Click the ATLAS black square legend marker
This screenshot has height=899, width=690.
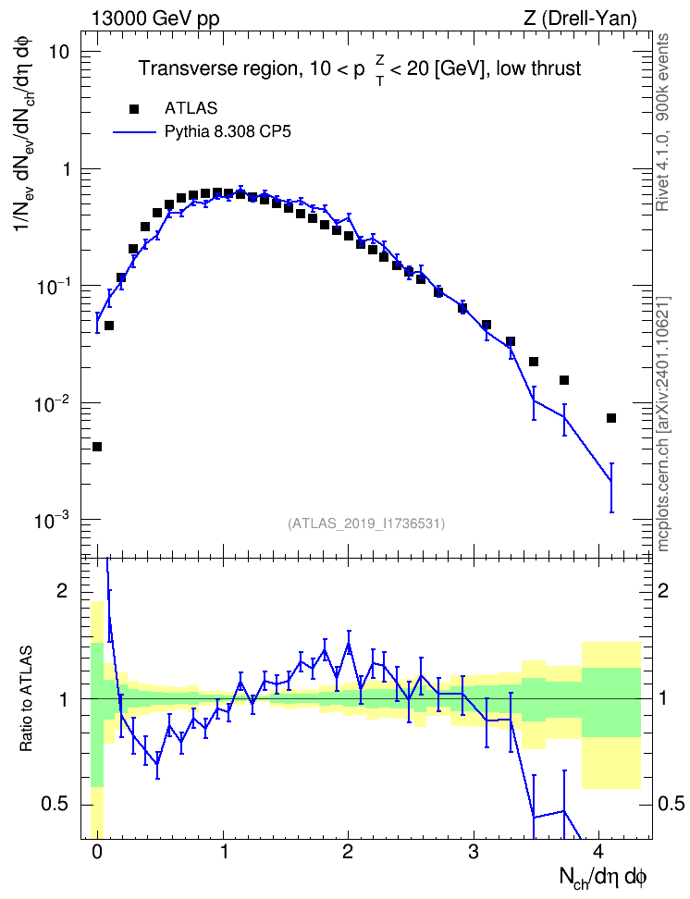(x=134, y=108)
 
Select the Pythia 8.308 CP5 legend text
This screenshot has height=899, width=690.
(x=228, y=132)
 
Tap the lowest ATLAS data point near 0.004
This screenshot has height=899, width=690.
(x=97, y=447)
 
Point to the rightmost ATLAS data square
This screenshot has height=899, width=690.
(x=611, y=418)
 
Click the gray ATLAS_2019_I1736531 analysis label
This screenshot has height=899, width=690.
(x=366, y=523)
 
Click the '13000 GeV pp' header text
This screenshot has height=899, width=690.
(x=155, y=18)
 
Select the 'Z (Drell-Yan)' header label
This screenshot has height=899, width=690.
(x=581, y=18)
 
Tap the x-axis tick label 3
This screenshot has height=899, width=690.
(x=473, y=851)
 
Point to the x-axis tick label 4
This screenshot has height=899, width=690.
(x=598, y=851)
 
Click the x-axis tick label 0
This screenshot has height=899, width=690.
(x=96, y=851)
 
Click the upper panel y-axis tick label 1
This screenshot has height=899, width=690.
(x=64, y=169)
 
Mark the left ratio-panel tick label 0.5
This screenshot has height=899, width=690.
(x=55, y=805)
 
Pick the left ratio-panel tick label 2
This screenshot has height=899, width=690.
(x=63, y=591)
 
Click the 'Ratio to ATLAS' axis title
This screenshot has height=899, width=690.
(x=26, y=698)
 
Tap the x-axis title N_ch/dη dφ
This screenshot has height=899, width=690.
(x=603, y=878)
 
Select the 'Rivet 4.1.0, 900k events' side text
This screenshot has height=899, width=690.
(x=662, y=123)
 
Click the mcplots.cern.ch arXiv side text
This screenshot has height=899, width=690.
(x=663, y=424)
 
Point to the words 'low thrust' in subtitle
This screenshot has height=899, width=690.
(x=538, y=68)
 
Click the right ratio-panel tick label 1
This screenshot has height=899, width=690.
(x=663, y=698)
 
